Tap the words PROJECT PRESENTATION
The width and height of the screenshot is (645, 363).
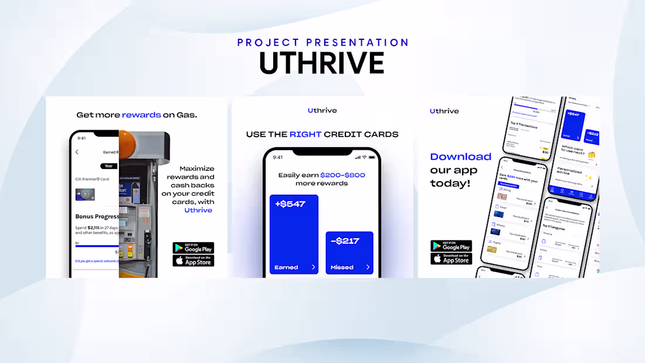point(323,42)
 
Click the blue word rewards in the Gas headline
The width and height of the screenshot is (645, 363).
point(141,115)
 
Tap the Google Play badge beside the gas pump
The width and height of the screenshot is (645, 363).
point(193,247)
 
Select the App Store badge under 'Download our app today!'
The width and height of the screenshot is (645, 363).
point(451,259)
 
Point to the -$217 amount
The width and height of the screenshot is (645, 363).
point(345,240)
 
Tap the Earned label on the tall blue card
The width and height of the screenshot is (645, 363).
point(286,267)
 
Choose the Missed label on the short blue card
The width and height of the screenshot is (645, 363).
point(342,267)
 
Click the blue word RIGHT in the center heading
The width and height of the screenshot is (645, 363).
point(305,134)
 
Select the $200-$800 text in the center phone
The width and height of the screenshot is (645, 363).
point(342,175)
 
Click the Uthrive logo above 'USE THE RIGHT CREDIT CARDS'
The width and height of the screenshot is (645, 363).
point(322,110)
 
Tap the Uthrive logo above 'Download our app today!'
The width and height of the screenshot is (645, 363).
point(444,111)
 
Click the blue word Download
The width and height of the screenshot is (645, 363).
point(460,157)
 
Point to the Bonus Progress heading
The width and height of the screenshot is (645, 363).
point(97,216)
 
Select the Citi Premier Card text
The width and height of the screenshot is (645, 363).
point(93,179)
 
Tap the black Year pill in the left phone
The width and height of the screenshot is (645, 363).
point(108,166)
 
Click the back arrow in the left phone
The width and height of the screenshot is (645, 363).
point(77,152)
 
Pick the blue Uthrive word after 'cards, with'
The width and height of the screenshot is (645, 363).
point(198,210)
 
